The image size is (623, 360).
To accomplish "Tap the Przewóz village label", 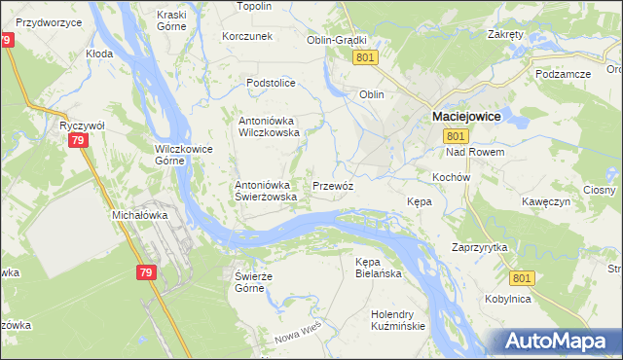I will tap(333, 185).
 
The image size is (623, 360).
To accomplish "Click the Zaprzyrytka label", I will tap(480, 248).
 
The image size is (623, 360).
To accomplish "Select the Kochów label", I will tap(451, 178).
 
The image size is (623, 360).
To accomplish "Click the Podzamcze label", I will tap(564, 74).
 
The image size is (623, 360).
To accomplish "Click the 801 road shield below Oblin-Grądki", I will tap(365, 58).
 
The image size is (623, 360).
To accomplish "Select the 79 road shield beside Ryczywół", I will tap(79, 141).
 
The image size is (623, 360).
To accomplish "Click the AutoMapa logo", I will tap(561, 342).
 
